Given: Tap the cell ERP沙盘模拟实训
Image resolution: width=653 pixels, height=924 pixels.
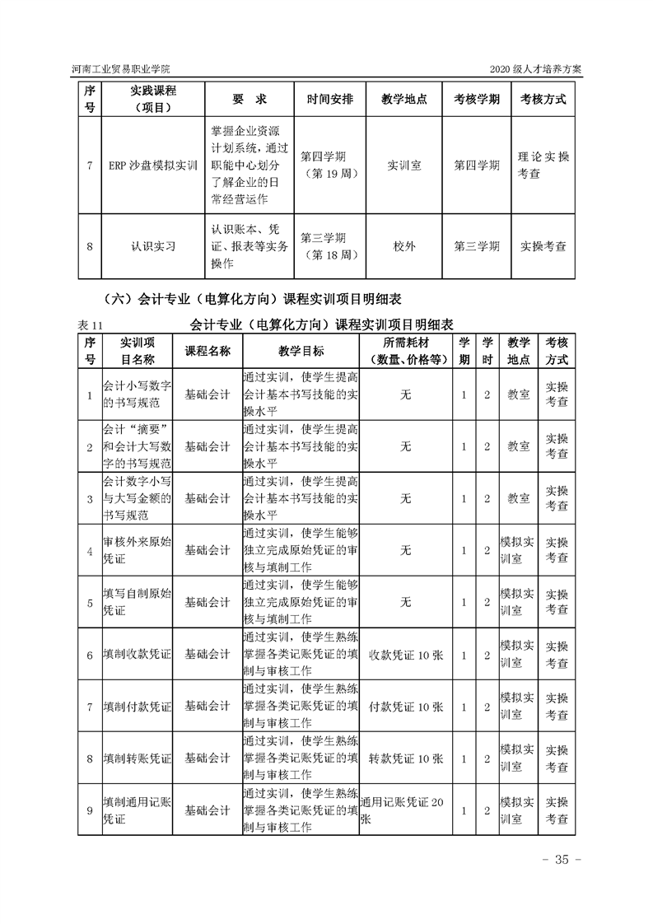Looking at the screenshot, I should (x=152, y=165).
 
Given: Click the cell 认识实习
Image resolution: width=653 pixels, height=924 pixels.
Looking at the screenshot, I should (x=152, y=245).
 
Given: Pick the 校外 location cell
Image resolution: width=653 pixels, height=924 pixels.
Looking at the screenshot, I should (x=404, y=245).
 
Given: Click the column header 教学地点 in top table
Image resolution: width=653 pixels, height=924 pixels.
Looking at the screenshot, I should (x=404, y=99).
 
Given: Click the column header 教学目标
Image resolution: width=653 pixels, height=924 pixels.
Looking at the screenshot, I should (x=301, y=351).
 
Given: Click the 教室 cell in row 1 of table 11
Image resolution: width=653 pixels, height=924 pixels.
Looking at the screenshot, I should (x=518, y=394).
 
